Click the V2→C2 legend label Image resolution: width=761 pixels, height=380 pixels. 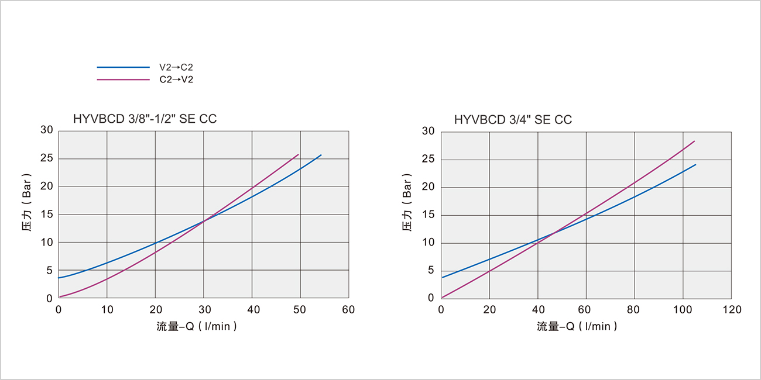point(176,68)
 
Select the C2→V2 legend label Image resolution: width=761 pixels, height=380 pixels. point(176,80)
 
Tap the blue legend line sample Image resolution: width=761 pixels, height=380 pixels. point(124,68)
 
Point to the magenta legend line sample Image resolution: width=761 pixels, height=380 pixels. point(124,80)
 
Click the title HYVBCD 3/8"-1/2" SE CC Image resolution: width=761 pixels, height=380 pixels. point(145,119)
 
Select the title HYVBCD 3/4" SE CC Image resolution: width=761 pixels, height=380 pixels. point(513,120)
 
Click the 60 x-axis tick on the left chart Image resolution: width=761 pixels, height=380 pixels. point(348,309)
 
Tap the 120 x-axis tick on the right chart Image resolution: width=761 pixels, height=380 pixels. point(731,309)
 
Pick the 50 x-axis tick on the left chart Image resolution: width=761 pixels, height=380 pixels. point(300,309)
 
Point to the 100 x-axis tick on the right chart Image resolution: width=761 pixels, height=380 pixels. point(683,309)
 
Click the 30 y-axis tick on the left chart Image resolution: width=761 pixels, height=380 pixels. point(47,130)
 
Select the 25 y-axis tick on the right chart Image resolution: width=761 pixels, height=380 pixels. point(429,160)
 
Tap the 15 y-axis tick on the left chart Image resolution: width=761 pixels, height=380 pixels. point(47,215)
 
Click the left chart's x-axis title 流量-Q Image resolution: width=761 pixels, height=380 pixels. point(197,326)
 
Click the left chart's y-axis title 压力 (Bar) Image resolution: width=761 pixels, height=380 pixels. point(33,215)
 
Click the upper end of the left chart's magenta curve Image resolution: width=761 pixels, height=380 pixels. point(299,154)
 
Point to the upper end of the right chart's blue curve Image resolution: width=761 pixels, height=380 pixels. point(695,164)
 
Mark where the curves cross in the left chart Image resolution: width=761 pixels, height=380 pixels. point(204,220)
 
